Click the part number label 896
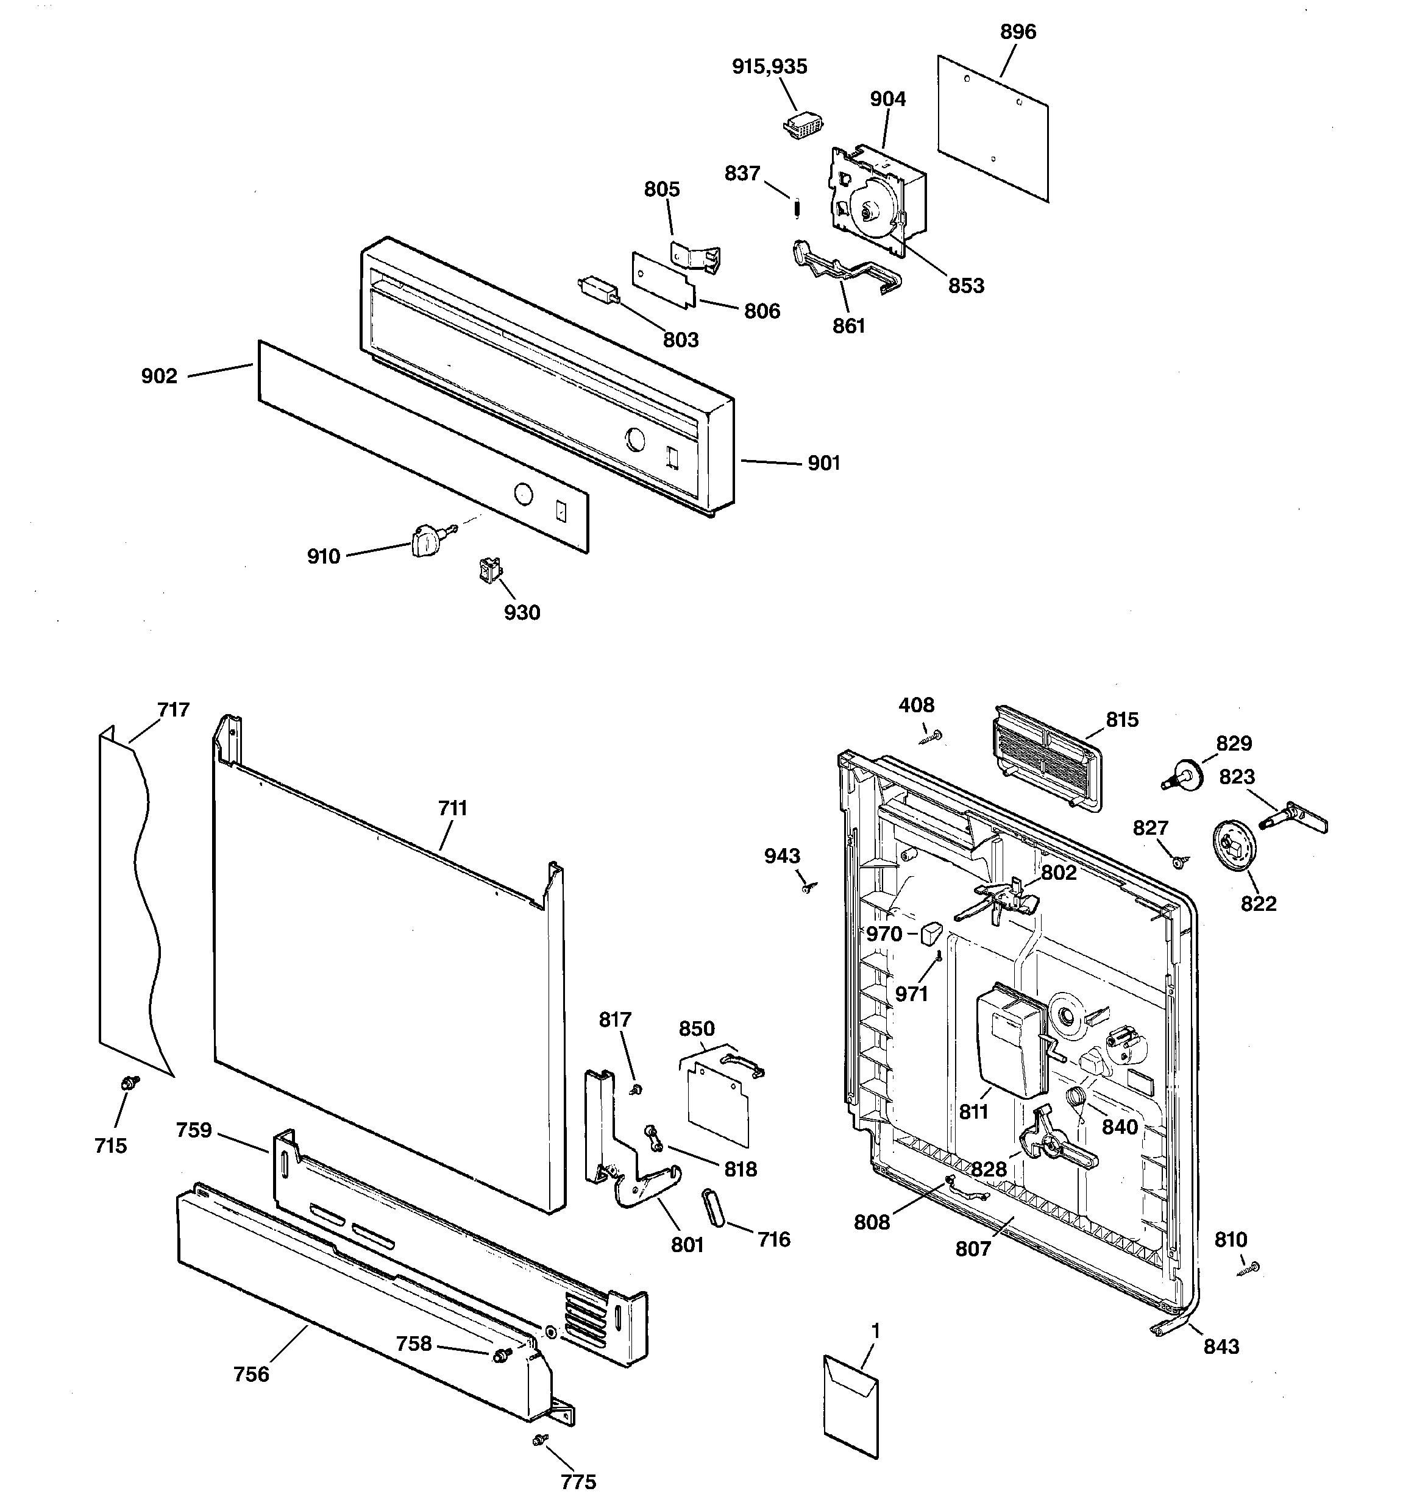(1017, 32)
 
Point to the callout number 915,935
(769, 67)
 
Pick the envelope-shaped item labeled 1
(851, 1406)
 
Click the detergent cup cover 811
(1009, 1049)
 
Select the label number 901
(823, 462)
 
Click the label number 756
(251, 1374)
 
